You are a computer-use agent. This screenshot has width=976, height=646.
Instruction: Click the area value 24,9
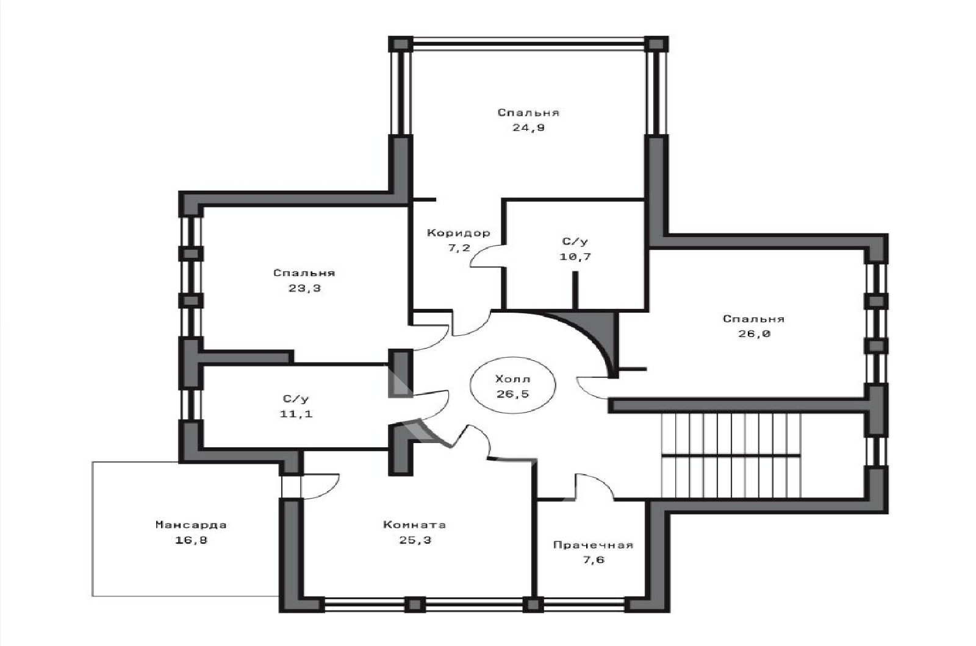[x=528, y=128]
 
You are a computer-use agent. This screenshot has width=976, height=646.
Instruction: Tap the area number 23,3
[x=304, y=288]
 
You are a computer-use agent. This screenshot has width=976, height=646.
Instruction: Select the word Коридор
[x=458, y=233]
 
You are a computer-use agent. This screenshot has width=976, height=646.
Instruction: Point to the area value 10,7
[x=575, y=257]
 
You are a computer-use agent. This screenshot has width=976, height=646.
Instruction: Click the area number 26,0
[x=754, y=334]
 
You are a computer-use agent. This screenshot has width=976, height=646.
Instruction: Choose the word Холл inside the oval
[x=513, y=378]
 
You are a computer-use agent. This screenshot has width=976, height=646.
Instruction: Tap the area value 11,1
[x=296, y=414]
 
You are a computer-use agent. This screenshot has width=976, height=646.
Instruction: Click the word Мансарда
[x=191, y=525]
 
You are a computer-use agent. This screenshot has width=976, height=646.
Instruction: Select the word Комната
[x=414, y=525]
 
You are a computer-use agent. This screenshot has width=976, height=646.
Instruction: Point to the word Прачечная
[x=593, y=545]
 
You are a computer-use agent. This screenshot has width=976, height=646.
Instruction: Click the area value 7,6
[x=594, y=560]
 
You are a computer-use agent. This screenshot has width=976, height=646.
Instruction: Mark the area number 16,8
[x=191, y=540]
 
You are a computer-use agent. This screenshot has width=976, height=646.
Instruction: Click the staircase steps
[x=731, y=455]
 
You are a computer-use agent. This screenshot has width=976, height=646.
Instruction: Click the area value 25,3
[x=415, y=540]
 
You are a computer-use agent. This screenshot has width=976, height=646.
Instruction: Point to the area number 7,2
[x=459, y=247]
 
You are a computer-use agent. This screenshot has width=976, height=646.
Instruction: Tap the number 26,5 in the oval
[x=513, y=394]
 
